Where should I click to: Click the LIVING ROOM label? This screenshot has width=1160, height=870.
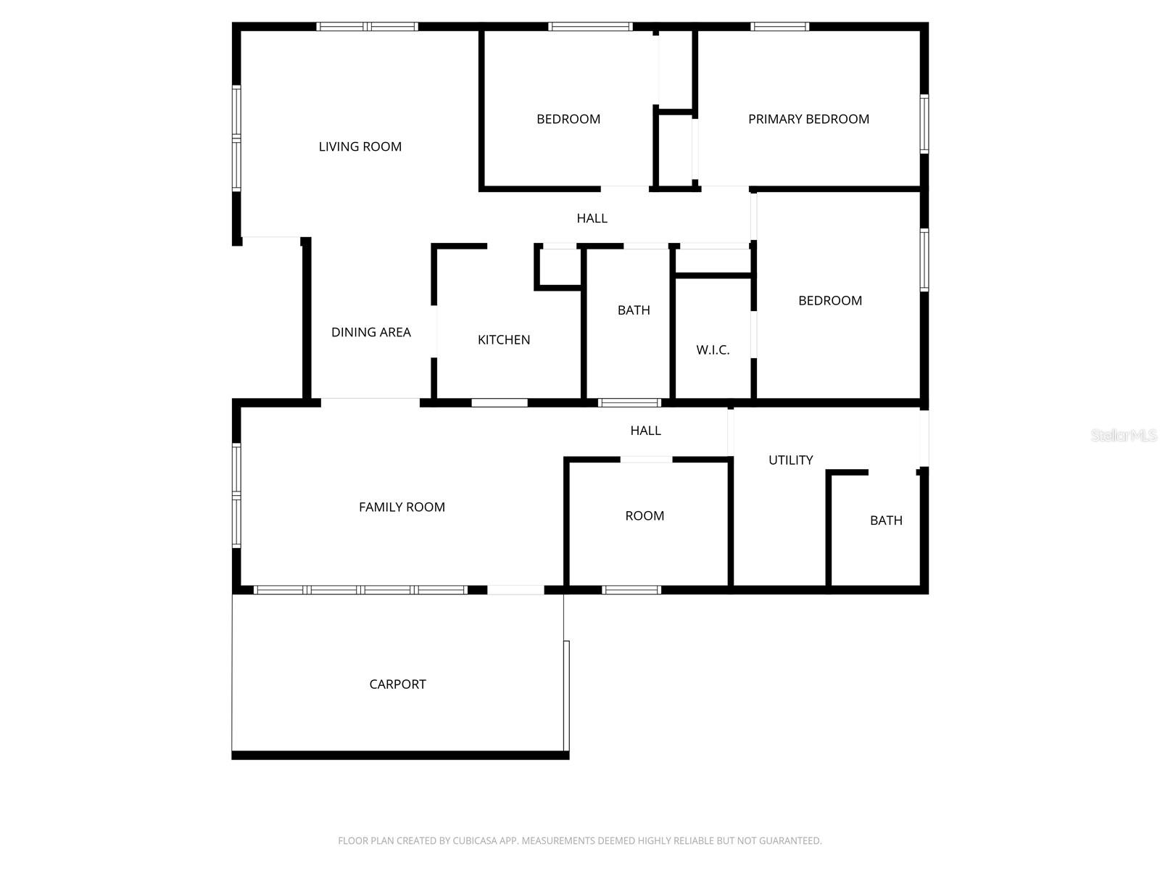pyautogui.click(x=360, y=146)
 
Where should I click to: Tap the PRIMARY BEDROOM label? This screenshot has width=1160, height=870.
pyautogui.click(x=808, y=119)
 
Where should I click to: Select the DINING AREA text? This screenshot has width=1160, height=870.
pyautogui.click(x=370, y=332)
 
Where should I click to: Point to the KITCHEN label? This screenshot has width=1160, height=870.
pyautogui.click(x=504, y=339)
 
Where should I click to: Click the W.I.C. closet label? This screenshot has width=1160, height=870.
pyautogui.click(x=713, y=349)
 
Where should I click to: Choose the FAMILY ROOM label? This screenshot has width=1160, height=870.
pyautogui.click(x=402, y=507)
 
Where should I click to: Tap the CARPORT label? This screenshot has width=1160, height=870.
pyautogui.click(x=397, y=684)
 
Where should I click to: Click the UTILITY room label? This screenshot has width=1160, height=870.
pyautogui.click(x=790, y=460)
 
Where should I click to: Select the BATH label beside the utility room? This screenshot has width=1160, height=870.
pyautogui.click(x=886, y=520)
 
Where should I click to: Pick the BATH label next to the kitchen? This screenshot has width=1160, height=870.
pyautogui.click(x=634, y=310)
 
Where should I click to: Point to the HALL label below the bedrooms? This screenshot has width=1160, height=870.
pyautogui.click(x=592, y=217)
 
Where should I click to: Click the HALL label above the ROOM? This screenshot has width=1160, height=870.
pyautogui.click(x=645, y=430)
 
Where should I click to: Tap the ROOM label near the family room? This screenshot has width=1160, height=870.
pyautogui.click(x=645, y=515)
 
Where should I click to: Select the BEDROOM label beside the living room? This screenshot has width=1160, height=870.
pyautogui.click(x=568, y=119)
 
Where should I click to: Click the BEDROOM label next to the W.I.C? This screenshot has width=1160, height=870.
pyautogui.click(x=830, y=300)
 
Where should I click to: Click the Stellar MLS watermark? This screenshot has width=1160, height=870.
pyautogui.click(x=1123, y=435)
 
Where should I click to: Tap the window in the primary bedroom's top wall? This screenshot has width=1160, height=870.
pyautogui.click(x=779, y=27)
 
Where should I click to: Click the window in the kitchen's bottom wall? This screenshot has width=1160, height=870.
pyautogui.click(x=500, y=402)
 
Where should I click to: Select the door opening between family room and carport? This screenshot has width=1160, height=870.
pyautogui.click(x=515, y=590)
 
